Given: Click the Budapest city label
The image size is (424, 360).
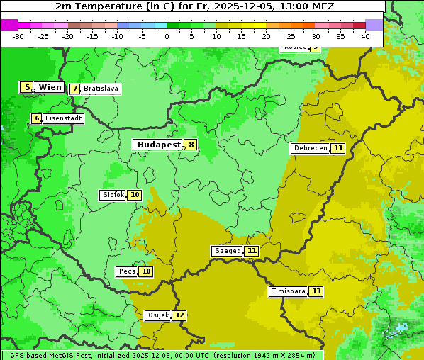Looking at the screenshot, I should click(159, 145).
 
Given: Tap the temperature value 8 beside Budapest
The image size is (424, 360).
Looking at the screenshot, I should click(190, 145).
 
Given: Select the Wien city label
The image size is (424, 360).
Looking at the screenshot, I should click(50, 87).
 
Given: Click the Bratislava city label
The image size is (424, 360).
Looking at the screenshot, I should click(101, 89).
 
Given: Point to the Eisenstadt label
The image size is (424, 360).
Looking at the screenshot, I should click(64, 118).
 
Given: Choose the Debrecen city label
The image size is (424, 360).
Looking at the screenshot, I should click(310, 148).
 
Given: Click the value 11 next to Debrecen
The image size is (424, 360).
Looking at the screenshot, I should click(338, 148).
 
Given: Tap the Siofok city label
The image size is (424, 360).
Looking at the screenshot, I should click(113, 195).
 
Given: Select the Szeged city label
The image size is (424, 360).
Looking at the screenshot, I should click(228, 251).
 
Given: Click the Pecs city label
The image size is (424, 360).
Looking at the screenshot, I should click(127, 271).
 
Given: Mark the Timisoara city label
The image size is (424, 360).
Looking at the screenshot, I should click(288, 291).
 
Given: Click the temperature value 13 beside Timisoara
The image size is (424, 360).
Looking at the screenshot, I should click(316, 291).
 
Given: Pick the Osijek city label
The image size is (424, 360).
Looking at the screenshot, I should click(157, 315).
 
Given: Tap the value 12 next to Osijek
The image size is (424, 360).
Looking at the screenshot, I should click(179, 315).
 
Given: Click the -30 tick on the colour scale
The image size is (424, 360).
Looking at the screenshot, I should click(18, 36).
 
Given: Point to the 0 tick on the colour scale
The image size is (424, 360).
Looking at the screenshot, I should click(167, 36).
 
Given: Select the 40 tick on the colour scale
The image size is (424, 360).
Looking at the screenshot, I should click(365, 36).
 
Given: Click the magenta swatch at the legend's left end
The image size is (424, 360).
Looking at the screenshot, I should click(9, 25).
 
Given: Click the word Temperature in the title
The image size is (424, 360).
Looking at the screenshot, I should click(104, 6).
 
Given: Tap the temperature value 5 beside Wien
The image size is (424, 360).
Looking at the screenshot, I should click(27, 87).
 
